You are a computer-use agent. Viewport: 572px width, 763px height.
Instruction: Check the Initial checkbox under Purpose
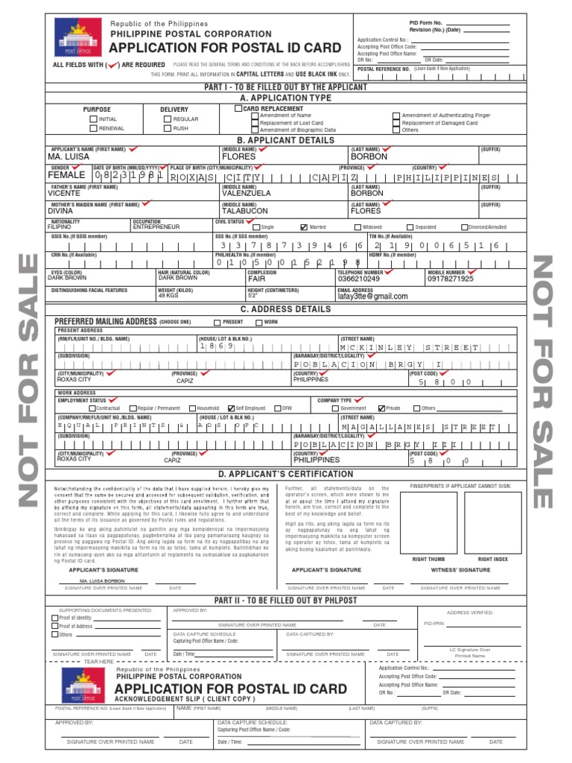93,119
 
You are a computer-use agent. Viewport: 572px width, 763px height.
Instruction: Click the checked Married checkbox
304,227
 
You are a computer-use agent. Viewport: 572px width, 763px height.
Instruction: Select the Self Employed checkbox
231,408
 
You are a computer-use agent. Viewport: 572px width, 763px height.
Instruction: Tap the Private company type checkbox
381,408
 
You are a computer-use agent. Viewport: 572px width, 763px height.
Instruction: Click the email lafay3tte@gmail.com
372,296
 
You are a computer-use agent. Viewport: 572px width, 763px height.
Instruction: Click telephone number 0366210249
358,279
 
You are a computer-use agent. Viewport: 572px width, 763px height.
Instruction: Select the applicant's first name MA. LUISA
69,157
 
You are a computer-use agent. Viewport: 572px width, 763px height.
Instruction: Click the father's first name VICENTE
64,193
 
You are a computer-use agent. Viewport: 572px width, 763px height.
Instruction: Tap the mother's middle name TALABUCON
244,211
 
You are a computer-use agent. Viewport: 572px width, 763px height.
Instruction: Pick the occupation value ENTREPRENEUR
156,227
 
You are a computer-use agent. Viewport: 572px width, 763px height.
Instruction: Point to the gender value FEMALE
67,175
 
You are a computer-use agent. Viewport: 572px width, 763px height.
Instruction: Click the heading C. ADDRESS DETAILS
285,308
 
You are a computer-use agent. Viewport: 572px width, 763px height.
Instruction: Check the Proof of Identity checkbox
54,618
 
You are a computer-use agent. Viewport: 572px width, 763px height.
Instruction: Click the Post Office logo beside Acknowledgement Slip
82,685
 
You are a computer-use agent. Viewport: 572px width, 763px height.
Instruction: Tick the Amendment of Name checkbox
255,116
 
